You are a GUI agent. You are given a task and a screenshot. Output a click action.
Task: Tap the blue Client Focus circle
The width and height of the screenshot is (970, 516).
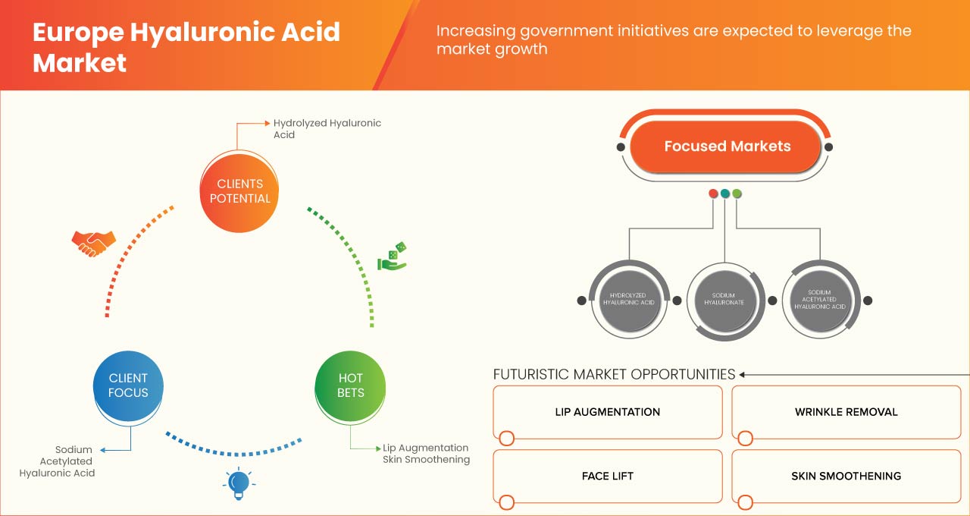tap(128, 385)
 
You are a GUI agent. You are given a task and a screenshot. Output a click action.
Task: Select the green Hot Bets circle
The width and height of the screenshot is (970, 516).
tap(350, 385)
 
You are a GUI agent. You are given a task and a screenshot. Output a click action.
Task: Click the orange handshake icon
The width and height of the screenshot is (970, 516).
tap(93, 243)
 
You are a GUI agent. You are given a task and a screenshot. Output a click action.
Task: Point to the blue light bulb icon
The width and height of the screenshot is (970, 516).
tap(239, 483)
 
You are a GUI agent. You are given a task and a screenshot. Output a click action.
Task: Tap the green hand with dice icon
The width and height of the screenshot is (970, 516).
tap(393, 257)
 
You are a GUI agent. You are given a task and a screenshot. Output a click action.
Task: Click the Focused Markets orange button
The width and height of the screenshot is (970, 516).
tap(727, 146)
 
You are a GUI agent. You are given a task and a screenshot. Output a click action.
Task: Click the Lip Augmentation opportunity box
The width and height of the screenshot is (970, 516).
tap(607, 412)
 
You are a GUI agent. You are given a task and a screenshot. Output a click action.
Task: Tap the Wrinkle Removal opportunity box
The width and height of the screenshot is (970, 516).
tap(846, 412)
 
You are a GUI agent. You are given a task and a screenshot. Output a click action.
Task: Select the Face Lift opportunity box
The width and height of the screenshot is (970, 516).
tap(607, 477)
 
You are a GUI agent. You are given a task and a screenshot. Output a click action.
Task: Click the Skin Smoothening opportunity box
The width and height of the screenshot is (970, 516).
tap(846, 477)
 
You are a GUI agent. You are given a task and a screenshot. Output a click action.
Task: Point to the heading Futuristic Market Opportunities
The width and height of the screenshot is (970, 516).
tap(614, 374)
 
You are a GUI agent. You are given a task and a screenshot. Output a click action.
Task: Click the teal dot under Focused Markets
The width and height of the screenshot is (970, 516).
tap(725, 193)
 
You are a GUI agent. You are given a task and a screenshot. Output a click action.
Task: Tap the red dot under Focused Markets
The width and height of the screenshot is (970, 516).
tap(713, 193)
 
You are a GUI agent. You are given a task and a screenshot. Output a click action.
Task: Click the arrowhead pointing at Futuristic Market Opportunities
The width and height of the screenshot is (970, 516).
tap(743, 374)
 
